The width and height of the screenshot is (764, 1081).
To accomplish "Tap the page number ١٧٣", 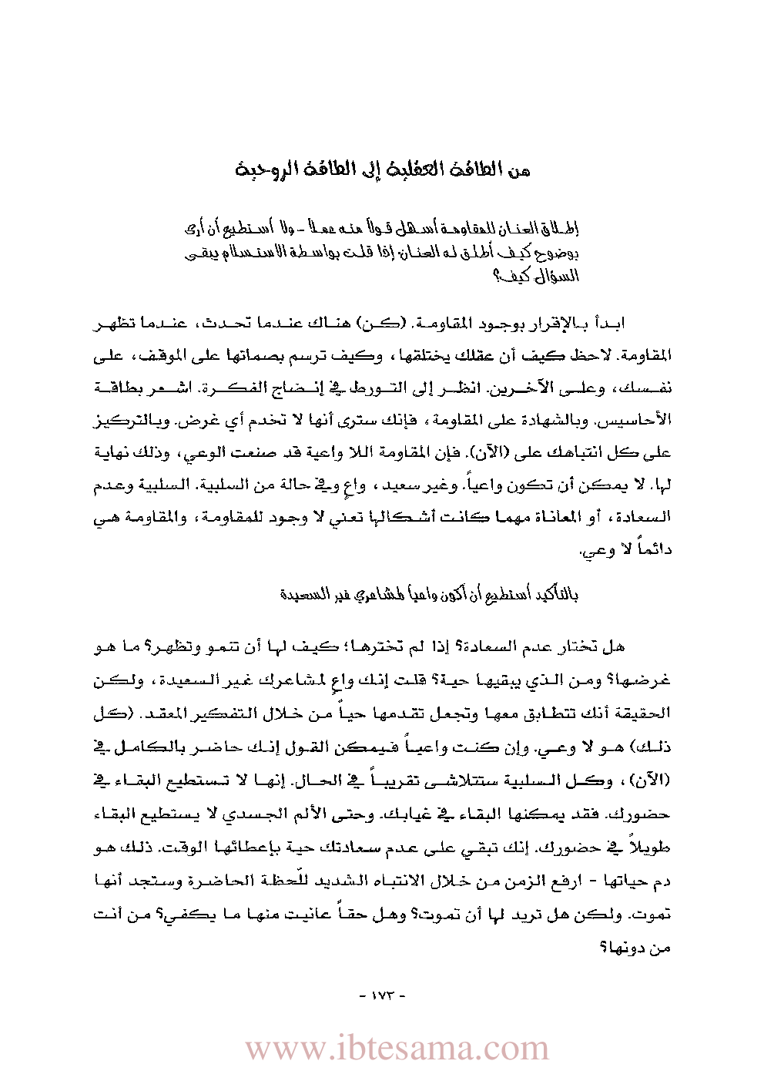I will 381,994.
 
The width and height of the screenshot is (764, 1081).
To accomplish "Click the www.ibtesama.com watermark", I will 397,1049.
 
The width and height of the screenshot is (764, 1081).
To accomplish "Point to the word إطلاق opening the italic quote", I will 563,229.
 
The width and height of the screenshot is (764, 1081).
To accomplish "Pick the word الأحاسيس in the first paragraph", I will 641,420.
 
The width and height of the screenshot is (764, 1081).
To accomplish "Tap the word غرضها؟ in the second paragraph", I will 648,680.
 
